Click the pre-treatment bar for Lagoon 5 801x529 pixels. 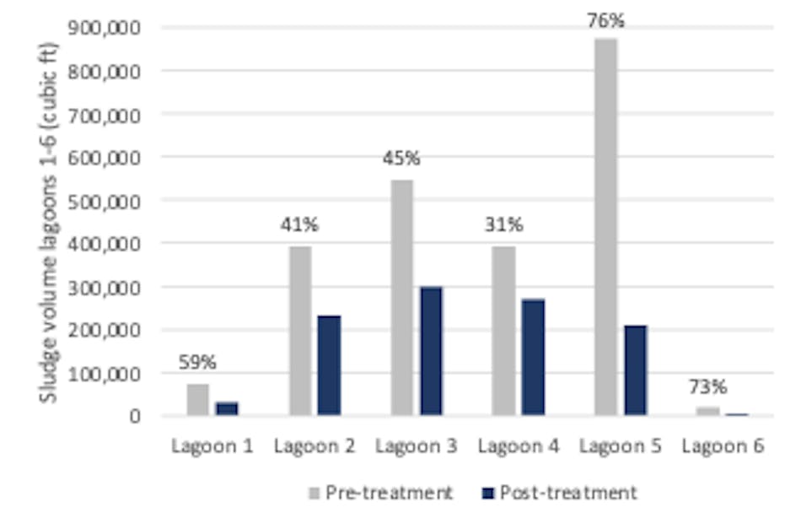pyautogui.click(x=605, y=227)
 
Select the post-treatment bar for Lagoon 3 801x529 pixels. pyautogui.click(x=432, y=351)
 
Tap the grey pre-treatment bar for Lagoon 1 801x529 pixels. pyautogui.click(x=197, y=400)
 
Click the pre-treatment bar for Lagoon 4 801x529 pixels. pyautogui.click(x=504, y=331)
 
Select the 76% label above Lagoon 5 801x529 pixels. pyautogui.click(x=605, y=19)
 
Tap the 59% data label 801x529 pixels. pyautogui.click(x=197, y=363)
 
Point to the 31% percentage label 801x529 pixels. pyautogui.click(x=504, y=225)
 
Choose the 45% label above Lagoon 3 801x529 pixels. pyautogui.click(x=402, y=159)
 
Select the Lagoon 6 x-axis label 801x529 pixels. pyautogui.click(x=723, y=446)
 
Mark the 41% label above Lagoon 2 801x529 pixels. pyautogui.click(x=300, y=225)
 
